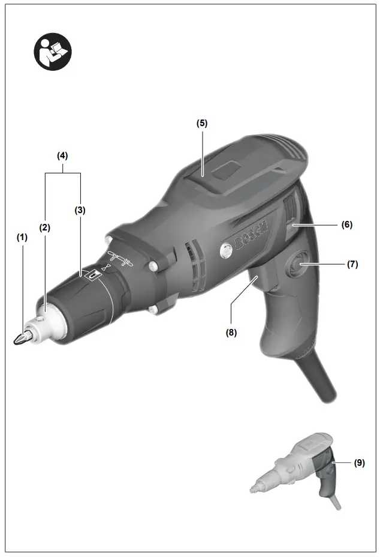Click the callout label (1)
click(22, 237)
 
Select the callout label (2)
click(45, 227)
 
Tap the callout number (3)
click(80, 210)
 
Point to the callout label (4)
click(62, 155)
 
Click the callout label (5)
click(202, 123)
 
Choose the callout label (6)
click(347, 224)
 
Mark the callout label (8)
click(231, 331)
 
